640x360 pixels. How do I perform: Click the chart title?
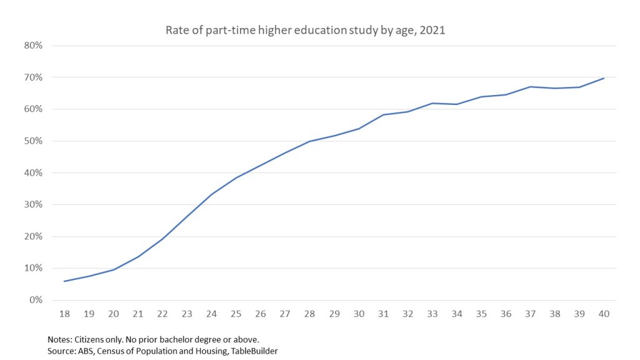(305, 30)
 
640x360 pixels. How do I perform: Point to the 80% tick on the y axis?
(33, 46)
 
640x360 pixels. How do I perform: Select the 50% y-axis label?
(33, 141)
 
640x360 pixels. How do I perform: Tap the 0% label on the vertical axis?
(36, 300)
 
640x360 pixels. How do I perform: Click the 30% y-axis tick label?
(33, 205)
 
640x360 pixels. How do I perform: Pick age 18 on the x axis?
(64, 314)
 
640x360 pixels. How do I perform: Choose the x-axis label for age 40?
(604, 314)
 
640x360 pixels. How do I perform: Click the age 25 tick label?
(236, 314)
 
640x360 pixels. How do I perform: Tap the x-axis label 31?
(383, 314)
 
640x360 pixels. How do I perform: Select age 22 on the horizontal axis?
(162, 314)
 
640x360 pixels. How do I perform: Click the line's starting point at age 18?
(64, 281)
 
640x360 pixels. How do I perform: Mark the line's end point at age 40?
(604, 78)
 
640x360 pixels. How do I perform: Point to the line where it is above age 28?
(309, 141)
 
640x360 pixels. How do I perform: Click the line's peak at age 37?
(530, 87)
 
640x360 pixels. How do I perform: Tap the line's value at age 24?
(212, 194)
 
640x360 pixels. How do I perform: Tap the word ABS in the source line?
(86, 351)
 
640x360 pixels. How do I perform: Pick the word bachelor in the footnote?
(181, 339)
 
